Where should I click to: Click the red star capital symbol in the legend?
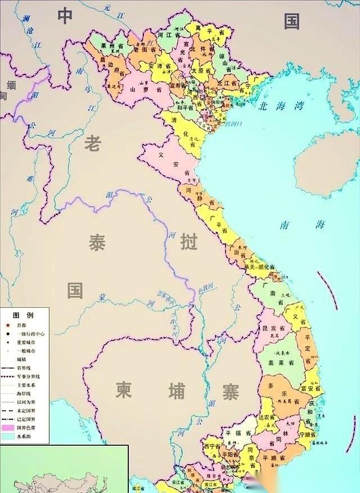[8, 325]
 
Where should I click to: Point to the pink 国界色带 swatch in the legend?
[8, 428]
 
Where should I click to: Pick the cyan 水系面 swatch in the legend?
[8, 436]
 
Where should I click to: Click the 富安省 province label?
[310, 388]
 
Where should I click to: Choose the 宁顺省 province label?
[309, 434]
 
